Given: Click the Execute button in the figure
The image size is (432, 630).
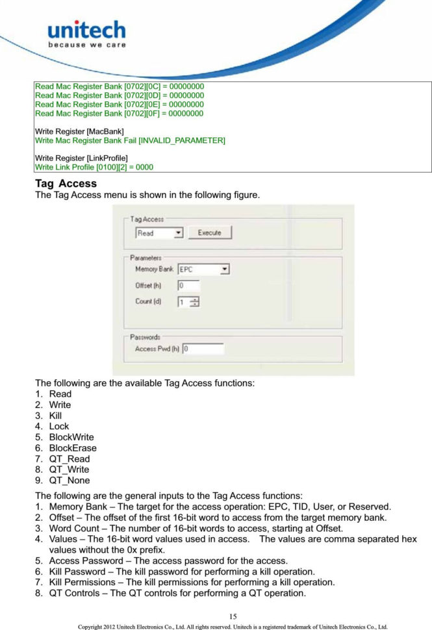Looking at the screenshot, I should [x=209, y=233].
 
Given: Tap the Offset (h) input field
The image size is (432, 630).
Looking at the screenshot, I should [x=188, y=285].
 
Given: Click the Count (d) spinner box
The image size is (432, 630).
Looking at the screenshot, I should [x=188, y=301].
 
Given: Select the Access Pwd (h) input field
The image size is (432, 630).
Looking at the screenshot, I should [x=203, y=349].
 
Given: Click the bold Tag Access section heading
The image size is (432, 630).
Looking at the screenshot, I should [x=66, y=184].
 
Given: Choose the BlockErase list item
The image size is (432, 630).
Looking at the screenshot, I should [x=73, y=448].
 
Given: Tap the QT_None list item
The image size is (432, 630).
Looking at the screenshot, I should [x=70, y=481].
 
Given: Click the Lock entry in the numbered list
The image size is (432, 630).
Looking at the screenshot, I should [x=59, y=427].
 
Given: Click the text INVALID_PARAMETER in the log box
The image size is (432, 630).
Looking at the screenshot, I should [x=183, y=140].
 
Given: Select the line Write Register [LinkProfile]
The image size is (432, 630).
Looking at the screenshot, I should [x=81, y=158].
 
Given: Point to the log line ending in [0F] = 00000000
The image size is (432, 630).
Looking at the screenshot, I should [x=119, y=114].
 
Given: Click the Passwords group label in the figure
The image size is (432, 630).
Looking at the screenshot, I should [x=146, y=337].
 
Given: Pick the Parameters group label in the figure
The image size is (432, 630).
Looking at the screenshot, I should [x=146, y=258].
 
